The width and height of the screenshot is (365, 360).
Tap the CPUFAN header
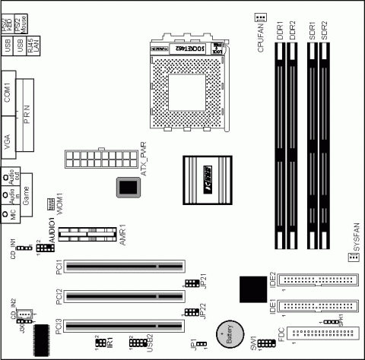pos(261,17)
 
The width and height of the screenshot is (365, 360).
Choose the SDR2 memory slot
pos(325,144)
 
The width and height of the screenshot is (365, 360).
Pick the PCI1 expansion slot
pos(124,267)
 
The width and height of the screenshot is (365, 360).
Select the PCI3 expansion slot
pos(124,327)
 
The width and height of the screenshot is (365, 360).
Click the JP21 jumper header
pos(190,284)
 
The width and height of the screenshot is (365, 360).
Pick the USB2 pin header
pos(138,344)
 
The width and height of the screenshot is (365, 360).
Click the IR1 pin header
pos(100,344)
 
